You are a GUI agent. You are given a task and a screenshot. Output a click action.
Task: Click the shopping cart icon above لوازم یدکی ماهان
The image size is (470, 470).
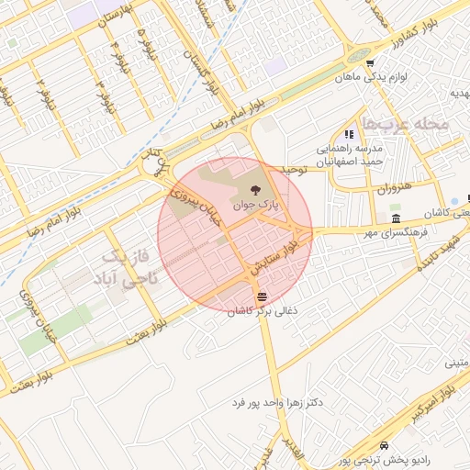pos(369,64)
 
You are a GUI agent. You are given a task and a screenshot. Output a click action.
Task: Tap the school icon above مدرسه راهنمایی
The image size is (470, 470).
pos(349,134)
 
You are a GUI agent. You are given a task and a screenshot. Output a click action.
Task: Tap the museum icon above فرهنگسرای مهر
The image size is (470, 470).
pos(396,218)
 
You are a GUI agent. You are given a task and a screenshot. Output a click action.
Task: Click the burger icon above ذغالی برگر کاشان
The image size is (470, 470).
pos(263,297)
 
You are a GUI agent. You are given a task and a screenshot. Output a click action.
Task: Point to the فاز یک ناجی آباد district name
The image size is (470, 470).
pos(129,265)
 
